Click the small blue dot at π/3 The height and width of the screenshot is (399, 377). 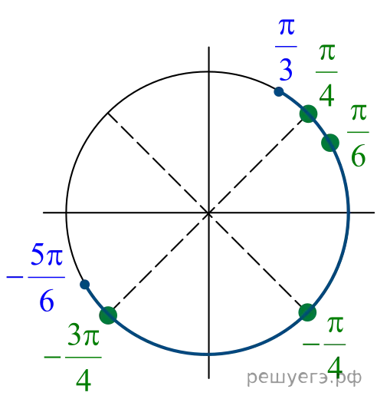279,91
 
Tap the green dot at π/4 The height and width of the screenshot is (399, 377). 308,114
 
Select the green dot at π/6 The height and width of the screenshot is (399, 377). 330,143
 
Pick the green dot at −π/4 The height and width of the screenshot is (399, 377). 307,312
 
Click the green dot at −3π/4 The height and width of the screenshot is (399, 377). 108,315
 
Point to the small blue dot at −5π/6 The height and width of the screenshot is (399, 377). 84,285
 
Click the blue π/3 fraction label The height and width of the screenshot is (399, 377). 286,49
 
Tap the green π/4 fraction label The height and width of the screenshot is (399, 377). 326,75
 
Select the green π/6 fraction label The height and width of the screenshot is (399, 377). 358,135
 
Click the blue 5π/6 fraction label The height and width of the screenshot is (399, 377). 47,277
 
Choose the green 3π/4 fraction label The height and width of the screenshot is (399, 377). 84,358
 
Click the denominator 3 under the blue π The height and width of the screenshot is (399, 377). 286,70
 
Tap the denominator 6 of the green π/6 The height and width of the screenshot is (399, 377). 358,156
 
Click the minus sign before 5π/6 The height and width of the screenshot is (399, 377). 15,277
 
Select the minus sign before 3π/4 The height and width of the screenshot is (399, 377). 52,357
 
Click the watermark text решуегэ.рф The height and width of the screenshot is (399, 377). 304,378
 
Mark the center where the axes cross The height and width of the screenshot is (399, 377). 208,213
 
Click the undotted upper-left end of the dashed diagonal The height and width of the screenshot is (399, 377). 108,113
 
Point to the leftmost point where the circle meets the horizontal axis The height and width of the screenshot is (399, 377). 67,213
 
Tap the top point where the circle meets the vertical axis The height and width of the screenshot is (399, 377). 208,72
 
